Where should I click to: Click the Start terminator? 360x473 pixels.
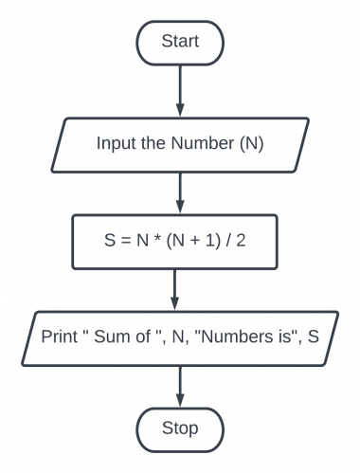tap(179, 41)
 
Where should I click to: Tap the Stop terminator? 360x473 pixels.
tap(179, 428)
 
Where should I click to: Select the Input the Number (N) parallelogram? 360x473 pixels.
tap(179, 143)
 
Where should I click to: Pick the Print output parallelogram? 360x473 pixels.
tap(179, 336)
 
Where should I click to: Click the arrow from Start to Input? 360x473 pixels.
tap(179, 89)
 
